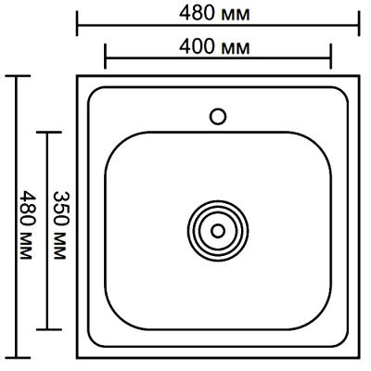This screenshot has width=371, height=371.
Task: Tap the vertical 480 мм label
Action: (x=25, y=225)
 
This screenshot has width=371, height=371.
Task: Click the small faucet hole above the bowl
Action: (x=219, y=116)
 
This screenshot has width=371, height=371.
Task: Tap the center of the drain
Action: (x=218, y=228)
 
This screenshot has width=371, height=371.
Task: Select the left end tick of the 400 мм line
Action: (x=106, y=58)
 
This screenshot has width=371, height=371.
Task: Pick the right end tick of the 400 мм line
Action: (x=330, y=58)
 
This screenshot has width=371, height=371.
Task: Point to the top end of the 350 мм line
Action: (x=46, y=131)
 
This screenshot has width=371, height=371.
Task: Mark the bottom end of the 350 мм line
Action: (x=46, y=330)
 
